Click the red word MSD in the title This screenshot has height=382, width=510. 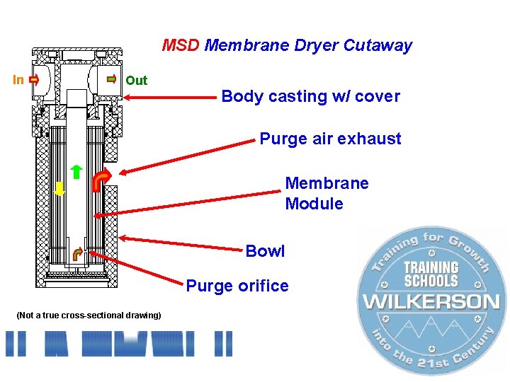[181, 46]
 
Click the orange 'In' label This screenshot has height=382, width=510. [18, 80]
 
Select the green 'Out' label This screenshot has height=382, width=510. [136, 81]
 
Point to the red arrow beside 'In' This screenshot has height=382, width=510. [33, 80]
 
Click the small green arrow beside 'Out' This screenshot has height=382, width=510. [111, 80]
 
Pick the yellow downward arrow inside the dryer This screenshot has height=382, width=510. [60, 187]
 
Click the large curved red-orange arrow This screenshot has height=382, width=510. [102, 181]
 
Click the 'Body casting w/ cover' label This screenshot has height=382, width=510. [310, 96]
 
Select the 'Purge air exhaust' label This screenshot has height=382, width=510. [330, 139]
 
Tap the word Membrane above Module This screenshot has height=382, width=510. [327, 183]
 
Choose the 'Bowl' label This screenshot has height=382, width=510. [265, 251]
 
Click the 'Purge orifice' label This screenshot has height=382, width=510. [237, 286]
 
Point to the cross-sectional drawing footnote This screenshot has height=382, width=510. [89, 315]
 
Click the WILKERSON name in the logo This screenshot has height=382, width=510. [431, 301]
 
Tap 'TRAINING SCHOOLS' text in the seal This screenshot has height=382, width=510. [431, 274]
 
